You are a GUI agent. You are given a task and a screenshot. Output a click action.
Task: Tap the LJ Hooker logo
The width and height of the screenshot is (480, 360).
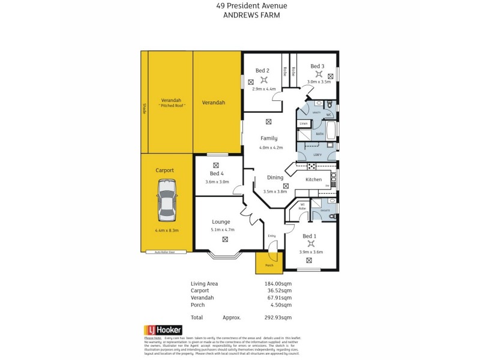[x=163, y=330]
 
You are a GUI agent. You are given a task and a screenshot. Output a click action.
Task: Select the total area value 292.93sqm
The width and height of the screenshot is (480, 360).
[x=278, y=317]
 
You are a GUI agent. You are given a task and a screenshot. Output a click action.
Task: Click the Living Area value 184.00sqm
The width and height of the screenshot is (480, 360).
[x=278, y=283]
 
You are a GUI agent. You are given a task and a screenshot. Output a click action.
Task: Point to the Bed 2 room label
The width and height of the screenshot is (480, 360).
[x=262, y=71]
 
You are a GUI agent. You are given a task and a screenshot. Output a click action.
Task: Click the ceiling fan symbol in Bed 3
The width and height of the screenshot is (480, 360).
[x=319, y=74]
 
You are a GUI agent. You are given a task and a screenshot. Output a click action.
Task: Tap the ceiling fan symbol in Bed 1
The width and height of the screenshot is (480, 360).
[x=310, y=244]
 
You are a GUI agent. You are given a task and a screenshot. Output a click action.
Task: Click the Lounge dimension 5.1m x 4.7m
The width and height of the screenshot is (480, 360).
[x=222, y=229]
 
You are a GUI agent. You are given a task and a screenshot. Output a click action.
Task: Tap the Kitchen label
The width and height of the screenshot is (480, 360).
[x=314, y=179]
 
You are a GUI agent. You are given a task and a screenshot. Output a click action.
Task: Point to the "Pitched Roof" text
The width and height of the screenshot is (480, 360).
[x=172, y=106]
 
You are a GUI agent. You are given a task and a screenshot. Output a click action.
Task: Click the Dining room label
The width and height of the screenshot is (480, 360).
[x=275, y=178]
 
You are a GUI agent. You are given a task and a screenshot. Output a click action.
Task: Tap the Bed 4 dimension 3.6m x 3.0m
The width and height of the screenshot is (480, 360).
[x=217, y=181]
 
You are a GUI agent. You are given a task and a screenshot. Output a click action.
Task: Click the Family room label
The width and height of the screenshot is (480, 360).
[x=268, y=139]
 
